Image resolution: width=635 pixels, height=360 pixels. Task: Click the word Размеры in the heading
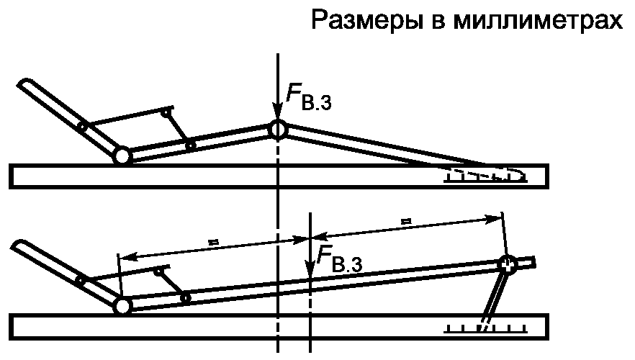pyautogui.click(x=364, y=21)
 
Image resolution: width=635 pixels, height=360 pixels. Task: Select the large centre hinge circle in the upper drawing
pyautogui.click(x=278, y=129)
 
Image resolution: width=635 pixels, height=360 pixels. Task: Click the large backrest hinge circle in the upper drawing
pyautogui.click(x=121, y=156)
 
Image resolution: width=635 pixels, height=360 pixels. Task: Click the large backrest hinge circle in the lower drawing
pyautogui.click(x=122, y=306)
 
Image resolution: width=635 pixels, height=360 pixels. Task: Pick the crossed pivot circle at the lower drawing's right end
pyautogui.click(x=508, y=264)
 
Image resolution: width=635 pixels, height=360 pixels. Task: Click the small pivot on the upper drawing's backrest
pyautogui.click(x=83, y=127)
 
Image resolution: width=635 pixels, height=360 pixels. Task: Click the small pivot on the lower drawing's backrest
pyautogui.click(x=81, y=279)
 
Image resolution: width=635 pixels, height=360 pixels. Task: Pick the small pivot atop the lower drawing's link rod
pyautogui.click(x=159, y=270)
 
